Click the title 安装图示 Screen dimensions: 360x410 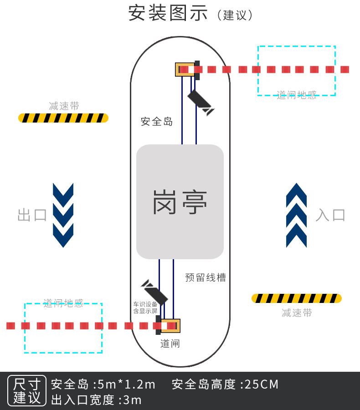168,14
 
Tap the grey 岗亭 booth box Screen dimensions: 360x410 180,202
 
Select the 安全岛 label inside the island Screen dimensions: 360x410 157,122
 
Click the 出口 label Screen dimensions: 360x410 32,215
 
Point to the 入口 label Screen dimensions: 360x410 330,215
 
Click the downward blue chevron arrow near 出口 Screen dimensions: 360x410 63,215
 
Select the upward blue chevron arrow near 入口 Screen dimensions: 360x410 296,215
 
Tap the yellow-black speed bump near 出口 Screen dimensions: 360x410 63,118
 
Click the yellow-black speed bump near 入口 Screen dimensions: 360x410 297,298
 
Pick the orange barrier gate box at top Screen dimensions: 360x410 185,69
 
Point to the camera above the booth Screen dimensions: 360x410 201,102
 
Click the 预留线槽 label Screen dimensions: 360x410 206,277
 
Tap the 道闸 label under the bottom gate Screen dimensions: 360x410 170,343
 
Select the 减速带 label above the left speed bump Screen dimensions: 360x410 64,106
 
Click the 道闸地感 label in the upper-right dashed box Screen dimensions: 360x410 297,95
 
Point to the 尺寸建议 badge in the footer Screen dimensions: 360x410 27,391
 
